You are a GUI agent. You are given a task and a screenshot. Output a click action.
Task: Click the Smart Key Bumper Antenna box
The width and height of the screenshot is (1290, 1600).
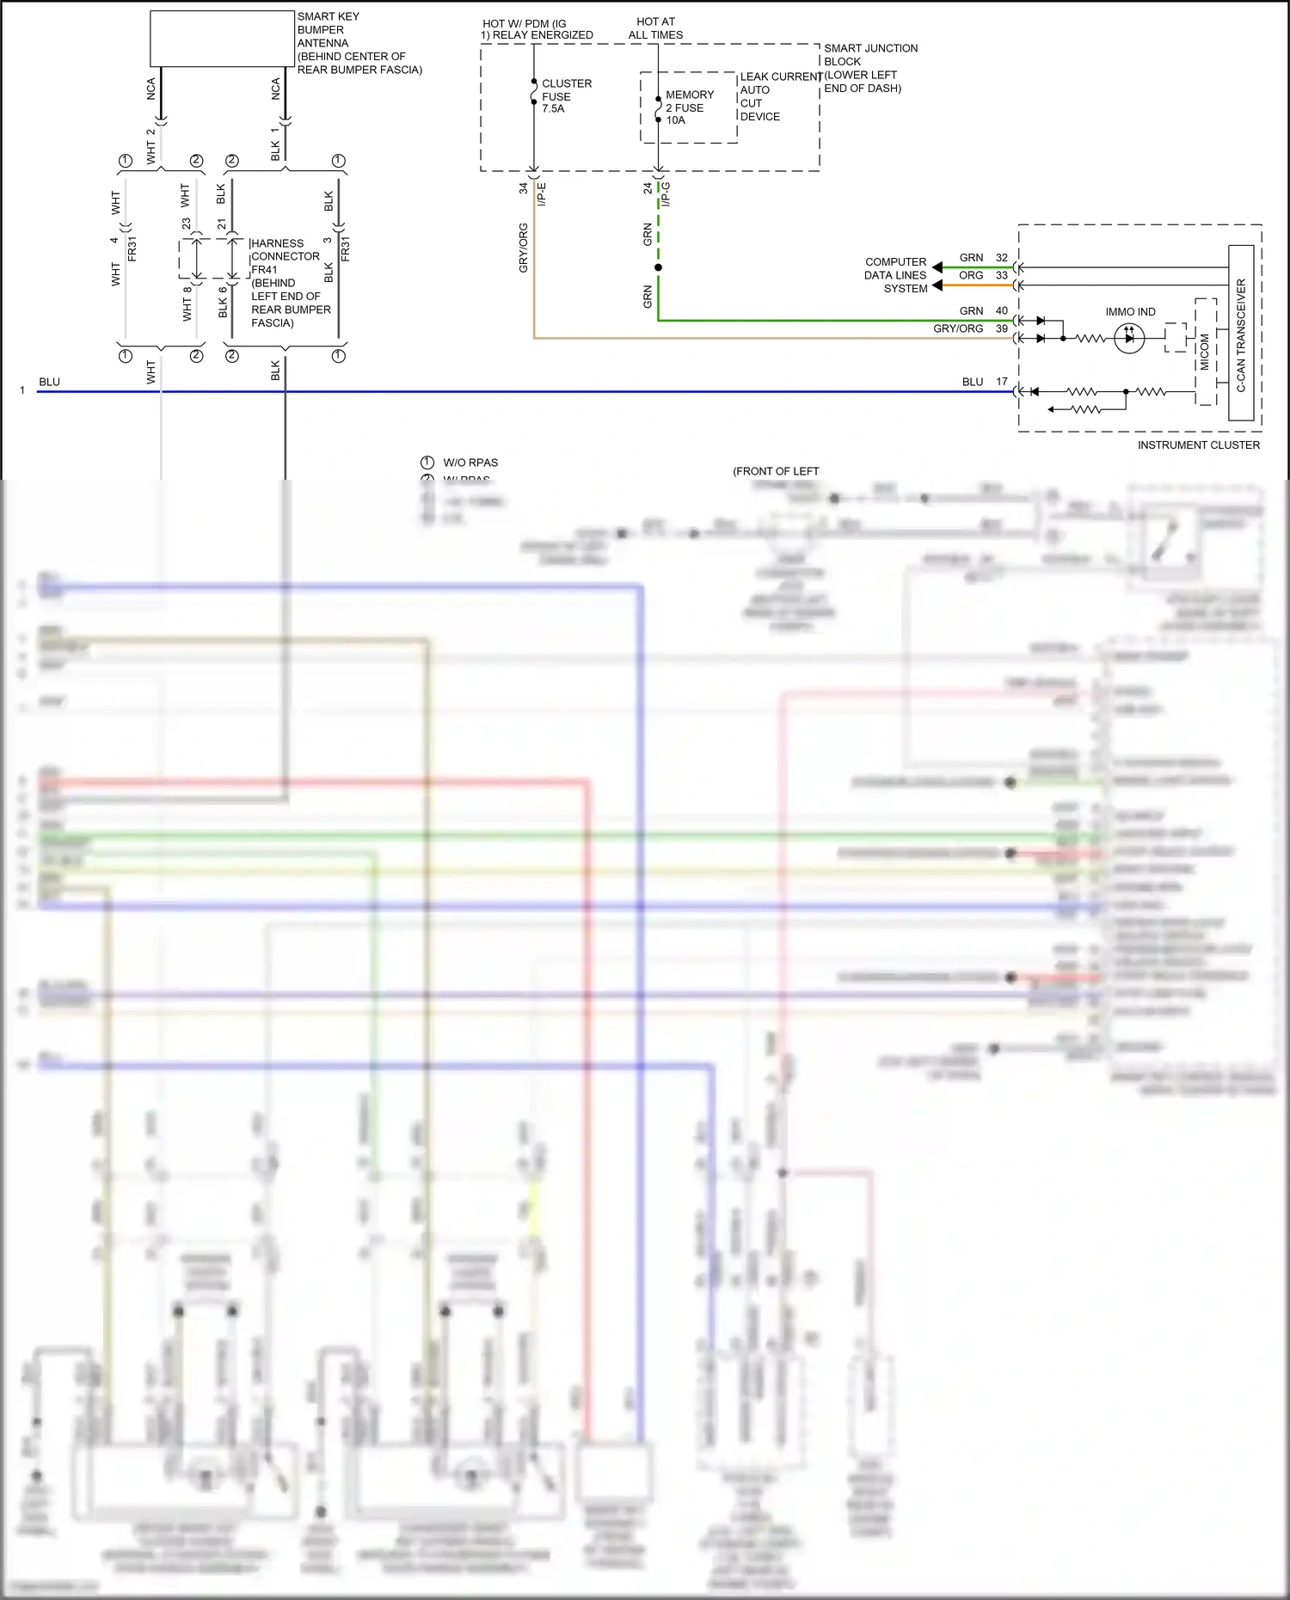tap(222, 39)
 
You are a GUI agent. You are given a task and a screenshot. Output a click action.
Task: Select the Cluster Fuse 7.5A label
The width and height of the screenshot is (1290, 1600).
tap(566, 96)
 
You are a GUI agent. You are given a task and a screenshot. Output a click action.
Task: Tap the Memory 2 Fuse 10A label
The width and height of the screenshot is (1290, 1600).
tap(689, 107)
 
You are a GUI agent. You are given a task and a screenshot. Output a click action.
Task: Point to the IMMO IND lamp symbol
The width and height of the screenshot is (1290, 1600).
tap(1129, 338)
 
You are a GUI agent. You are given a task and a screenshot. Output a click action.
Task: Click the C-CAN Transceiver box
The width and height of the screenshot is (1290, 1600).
tap(1240, 333)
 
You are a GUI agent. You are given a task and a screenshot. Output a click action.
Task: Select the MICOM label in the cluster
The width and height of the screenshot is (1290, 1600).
tap(1204, 352)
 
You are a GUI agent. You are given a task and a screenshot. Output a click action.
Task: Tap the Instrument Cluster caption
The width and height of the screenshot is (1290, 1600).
tap(1198, 444)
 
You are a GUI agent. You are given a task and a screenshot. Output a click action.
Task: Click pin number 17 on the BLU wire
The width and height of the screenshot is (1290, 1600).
tap(1001, 382)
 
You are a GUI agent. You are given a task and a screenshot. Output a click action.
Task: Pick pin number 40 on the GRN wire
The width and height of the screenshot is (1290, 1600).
tap(1001, 310)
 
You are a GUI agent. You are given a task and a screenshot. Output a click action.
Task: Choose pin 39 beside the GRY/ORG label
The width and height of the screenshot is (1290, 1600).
tap(1001, 328)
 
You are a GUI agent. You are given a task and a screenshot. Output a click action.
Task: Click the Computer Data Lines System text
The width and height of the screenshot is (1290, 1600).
tap(895, 275)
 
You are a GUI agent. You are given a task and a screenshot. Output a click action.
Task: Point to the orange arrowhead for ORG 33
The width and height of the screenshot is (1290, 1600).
tap(937, 285)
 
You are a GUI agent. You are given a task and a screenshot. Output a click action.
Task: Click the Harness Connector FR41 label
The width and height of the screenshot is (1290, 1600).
tap(285, 283)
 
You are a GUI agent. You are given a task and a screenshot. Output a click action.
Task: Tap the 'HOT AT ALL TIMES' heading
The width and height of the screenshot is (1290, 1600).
tap(655, 28)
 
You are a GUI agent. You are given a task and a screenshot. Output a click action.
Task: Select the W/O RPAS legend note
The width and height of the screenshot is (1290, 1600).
tap(470, 463)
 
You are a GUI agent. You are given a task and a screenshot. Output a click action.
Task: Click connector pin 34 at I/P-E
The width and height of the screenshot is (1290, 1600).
tap(523, 188)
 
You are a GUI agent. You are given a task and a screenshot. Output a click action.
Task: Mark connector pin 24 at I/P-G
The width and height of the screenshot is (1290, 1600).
tap(648, 188)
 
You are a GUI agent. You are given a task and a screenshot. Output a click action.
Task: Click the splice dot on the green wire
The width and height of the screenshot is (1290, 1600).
tap(658, 267)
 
